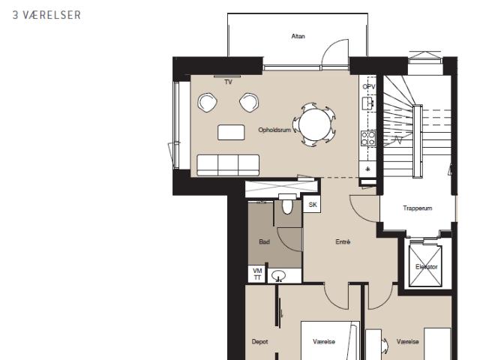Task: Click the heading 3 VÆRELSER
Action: (x=46, y=15)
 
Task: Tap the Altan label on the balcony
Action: (x=298, y=36)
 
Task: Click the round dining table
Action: (x=315, y=124)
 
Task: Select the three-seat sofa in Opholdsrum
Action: (x=228, y=165)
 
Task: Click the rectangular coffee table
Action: (x=231, y=132)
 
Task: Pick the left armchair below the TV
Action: (x=207, y=102)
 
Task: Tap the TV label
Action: (x=228, y=82)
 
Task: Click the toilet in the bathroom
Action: (x=287, y=205)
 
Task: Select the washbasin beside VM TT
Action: (x=278, y=275)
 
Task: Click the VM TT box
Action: (x=257, y=274)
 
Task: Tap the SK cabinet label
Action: (x=313, y=205)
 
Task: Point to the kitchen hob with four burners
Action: (x=368, y=138)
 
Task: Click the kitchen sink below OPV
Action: (x=367, y=103)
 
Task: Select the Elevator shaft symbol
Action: (x=425, y=266)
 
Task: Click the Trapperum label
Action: (x=418, y=208)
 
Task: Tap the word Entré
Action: (x=343, y=241)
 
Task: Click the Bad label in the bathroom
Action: (x=264, y=241)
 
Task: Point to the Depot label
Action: (x=259, y=342)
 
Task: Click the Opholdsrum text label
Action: (x=274, y=130)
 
